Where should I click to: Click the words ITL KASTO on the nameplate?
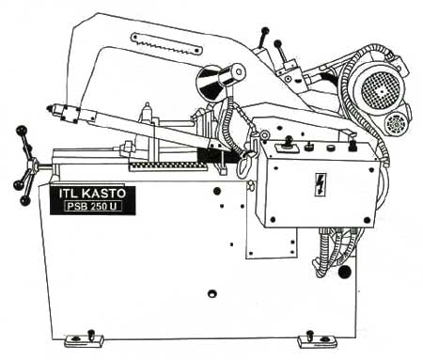[x=91, y=193]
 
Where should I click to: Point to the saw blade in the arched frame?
[x=166, y=39]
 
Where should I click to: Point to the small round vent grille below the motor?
[x=395, y=125]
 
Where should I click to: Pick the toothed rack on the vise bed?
[x=168, y=164]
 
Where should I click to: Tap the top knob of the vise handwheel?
[x=20, y=130]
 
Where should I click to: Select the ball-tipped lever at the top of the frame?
[x=264, y=32]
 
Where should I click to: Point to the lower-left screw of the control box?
[x=273, y=221]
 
